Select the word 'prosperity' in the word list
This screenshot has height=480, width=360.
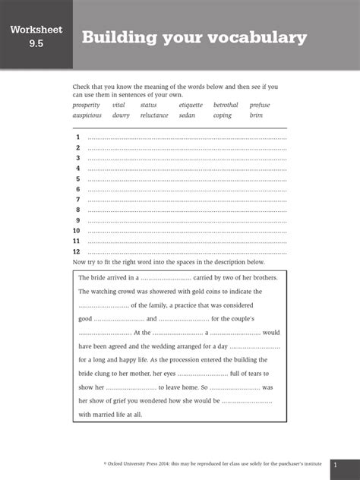87,106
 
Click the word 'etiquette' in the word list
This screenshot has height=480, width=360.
191,106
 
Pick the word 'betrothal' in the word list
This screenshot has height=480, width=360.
226,106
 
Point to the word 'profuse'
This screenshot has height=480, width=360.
260,106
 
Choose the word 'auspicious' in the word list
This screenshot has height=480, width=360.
87,115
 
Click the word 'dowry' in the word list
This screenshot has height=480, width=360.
121,115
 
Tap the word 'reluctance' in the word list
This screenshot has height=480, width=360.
154,115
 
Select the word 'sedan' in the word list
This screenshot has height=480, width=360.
187,115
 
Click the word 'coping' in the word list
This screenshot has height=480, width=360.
223,115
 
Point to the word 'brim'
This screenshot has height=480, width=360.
256,115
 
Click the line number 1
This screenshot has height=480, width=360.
77,137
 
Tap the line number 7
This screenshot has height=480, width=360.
77,199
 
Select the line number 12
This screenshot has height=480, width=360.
76,251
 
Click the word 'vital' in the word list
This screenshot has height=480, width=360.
118,106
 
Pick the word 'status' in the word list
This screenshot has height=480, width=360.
148,106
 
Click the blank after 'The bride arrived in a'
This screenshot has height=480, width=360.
166,278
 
